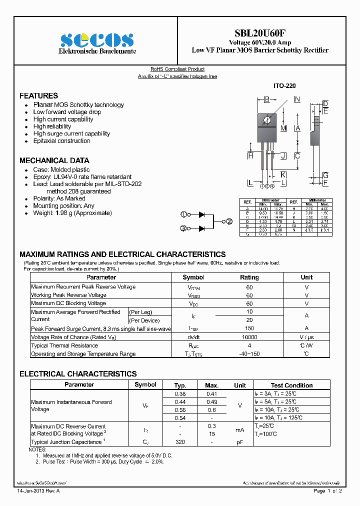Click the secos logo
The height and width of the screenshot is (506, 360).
97,40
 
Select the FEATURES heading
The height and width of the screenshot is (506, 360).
38,95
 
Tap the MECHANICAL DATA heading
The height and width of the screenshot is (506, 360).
54,160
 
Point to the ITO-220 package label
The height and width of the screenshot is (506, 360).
284,86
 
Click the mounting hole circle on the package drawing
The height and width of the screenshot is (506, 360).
267,120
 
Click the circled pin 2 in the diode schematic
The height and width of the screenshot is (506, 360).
229,221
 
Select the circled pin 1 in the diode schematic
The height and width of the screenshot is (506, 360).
183,214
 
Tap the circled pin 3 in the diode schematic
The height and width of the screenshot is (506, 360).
183,228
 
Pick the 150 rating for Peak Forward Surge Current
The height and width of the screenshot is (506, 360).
249,328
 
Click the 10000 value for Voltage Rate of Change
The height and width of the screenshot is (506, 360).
249,337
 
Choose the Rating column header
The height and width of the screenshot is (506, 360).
249,277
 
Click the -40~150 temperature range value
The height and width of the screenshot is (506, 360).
249,354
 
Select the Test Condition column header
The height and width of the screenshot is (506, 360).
291,385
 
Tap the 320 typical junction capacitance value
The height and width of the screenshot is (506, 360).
180,442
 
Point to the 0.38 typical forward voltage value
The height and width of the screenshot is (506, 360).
180,393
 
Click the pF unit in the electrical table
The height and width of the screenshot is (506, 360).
240,442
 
